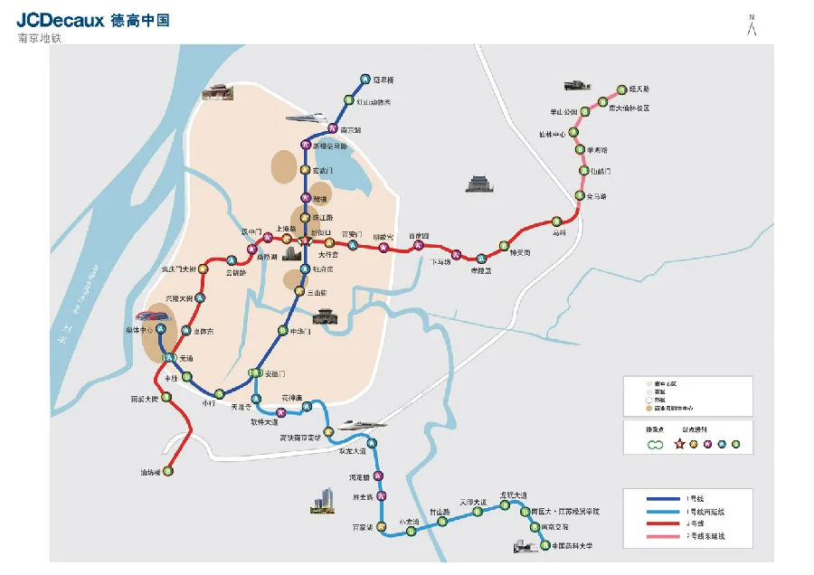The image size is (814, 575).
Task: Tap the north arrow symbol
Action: (752, 26)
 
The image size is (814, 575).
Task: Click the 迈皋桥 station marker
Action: (364, 80)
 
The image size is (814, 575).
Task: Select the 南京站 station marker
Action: (334, 128)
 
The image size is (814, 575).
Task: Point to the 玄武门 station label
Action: (323, 170)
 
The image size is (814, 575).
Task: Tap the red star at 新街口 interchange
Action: (306, 242)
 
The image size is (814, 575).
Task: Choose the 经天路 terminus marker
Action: (621, 90)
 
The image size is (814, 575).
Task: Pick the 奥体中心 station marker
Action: (161, 330)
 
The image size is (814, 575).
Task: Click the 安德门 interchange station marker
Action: (255, 373)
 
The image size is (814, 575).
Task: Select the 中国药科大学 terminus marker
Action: (544, 545)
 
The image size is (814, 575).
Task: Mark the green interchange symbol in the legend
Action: (656, 444)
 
